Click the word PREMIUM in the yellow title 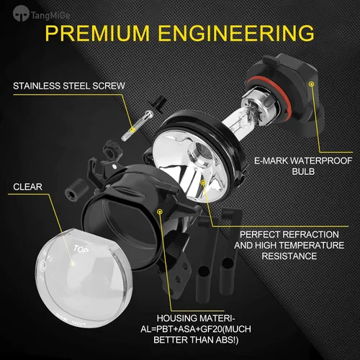pos(97,32)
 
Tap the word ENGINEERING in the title pos(236,32)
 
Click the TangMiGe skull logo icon pos(21,14)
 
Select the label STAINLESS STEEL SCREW pos(69,86)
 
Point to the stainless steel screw pos(138,125)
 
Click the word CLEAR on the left pos(27,187)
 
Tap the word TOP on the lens pos(81,249)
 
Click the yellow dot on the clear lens pos(73,264)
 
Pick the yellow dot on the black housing pos(159,212)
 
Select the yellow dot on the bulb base pos(312,84)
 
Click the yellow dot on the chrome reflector pos(203,183)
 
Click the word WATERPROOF pos(321,161)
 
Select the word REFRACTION pos(310,235)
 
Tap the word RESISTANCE pos(289,256)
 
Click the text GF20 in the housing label pos(212,329)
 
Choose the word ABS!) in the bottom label pos(226,340)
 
